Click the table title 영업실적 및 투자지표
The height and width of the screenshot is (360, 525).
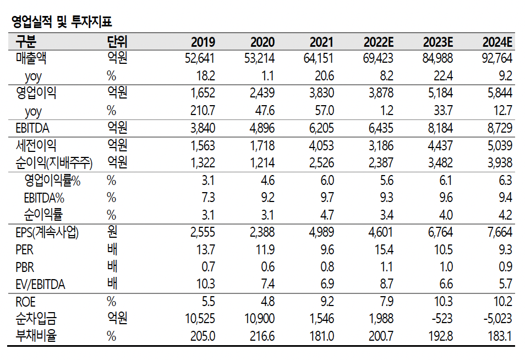coord(61,22)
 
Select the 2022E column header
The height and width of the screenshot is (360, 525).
coord(378,42)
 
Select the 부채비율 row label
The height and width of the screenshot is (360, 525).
coord(36,335)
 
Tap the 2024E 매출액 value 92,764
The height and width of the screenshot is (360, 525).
coord(496,58)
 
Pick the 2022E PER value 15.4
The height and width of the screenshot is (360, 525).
coord(383,250)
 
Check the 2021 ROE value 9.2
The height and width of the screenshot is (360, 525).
coord(326,302)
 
